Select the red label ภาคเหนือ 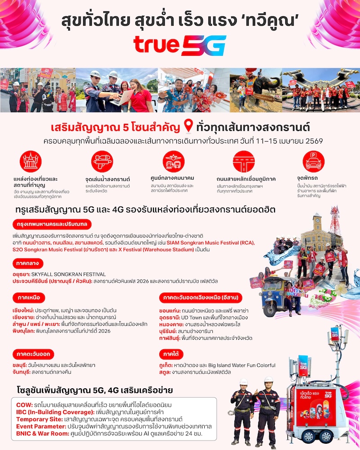[27, 297]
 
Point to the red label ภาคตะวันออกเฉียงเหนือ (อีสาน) [195, 297]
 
